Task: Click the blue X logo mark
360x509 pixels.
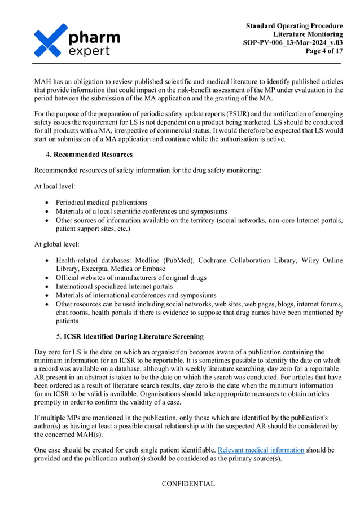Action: click(x=51, y=40)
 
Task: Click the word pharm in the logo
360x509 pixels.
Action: click(x=94, y=37)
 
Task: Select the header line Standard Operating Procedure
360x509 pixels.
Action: click(x=294, y=26)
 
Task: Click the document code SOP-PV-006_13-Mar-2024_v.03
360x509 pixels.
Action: click(x=292, y=43)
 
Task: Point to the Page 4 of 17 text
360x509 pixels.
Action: click(x=323, y=51)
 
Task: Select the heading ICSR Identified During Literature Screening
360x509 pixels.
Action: click(x=134, y=337)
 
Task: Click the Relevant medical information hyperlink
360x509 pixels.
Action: click(x=261, y=450)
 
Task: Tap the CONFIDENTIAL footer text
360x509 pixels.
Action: click(x=188, y=484)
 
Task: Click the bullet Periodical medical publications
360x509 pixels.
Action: click(x=101, y=202)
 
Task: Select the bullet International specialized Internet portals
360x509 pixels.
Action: click(x=114, y=287)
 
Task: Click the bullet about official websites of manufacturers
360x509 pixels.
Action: click(x=131, y=278)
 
